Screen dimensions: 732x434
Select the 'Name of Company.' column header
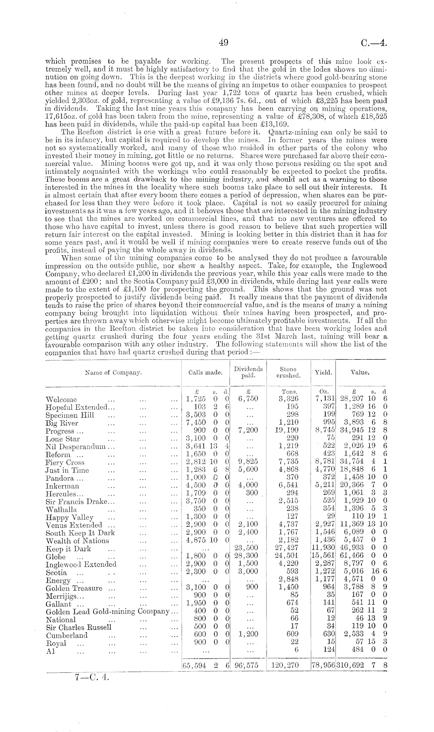(x=113, y=372)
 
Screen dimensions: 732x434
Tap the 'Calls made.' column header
(x=205, y=372)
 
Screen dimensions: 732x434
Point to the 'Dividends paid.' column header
(x=248, y=372)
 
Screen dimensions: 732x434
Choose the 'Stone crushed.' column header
(x=288, y=372)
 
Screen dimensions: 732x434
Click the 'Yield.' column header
(x=323, y=372)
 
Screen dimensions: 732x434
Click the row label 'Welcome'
(x=61, y=400)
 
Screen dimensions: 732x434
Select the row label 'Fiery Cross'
(x=65, y=462)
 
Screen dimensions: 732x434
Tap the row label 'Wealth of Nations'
(x=77, y=541)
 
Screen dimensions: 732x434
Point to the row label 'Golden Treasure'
(x=74, y=588)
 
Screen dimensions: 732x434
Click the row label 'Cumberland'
(x=67, y=635)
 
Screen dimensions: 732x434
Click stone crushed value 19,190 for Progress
(x=289, y=431)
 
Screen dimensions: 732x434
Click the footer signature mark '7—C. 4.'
(x=92, y=677)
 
